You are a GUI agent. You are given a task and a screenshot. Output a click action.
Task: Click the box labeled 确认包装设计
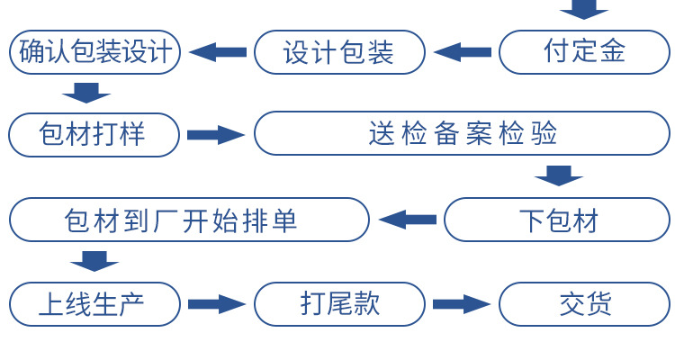(x=94, y=52)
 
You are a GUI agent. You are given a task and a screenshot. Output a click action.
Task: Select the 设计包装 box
(x=339, y=52)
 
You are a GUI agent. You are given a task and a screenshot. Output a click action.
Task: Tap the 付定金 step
(x=584, y=52)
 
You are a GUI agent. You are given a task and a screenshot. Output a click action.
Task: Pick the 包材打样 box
(x=94, y=135)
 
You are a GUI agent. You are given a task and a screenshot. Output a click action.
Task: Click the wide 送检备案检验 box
(x=462, y=133)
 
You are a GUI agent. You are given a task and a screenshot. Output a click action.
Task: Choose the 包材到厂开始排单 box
(x=189, y=220)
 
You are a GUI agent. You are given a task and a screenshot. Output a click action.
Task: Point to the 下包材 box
(x=558, y=220)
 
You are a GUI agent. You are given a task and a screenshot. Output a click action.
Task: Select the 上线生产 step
(x=94, y=304)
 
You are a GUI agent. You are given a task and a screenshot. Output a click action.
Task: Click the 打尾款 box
(x=339, y=304)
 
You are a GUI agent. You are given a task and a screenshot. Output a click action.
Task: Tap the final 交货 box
(x=584, y=304)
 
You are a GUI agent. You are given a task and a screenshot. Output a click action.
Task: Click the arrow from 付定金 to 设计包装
(x=463, y=52)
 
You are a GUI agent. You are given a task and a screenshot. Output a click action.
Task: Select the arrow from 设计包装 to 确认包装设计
(x=217, y=52)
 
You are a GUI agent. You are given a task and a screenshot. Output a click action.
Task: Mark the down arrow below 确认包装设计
(x=86, y=92)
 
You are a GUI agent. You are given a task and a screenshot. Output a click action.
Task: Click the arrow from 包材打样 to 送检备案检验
(x=216, y=135)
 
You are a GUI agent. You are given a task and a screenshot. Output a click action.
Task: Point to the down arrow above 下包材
(x=559, y=175)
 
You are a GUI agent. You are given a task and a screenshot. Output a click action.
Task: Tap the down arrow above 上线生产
(x=94, y=262)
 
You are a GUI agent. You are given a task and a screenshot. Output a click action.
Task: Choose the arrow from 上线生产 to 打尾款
(x=217, y=304)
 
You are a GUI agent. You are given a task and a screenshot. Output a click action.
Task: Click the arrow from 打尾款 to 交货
(x=462, y=304)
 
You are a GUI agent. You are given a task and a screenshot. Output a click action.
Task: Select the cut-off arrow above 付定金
(x=584, y=9)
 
